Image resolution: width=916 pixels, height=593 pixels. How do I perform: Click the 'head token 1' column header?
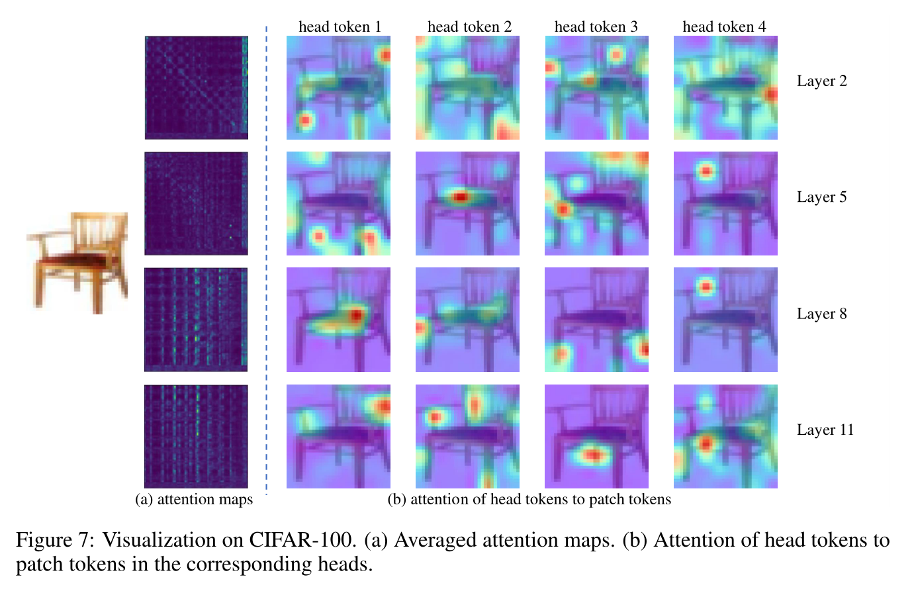click(x=340, y=26)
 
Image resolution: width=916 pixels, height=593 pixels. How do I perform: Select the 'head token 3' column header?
click(x=596, y=26)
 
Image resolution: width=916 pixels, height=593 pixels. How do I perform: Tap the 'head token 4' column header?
click(x=724, y=26)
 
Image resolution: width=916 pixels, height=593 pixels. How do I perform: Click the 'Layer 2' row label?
click(x=821, y=81)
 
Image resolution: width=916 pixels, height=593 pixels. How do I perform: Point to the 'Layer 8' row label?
click(x=821, y=314)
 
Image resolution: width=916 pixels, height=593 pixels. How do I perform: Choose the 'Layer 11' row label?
click(x=825, y=430)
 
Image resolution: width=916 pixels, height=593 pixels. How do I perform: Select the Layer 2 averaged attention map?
click(x=196, y=87)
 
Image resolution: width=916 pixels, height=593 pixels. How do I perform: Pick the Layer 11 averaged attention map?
click(x=196, y=436)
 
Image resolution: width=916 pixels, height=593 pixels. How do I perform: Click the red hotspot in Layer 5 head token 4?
click(x=706, y=172)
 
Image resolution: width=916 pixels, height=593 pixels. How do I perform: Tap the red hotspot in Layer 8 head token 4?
click(x=706, y=287)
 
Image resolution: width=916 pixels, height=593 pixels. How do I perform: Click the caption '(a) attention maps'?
click(x=194, y=500)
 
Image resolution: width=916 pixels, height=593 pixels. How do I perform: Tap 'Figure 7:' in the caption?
click(x=55, y=540)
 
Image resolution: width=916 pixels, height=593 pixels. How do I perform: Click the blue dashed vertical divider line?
click(x=266, y=265)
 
